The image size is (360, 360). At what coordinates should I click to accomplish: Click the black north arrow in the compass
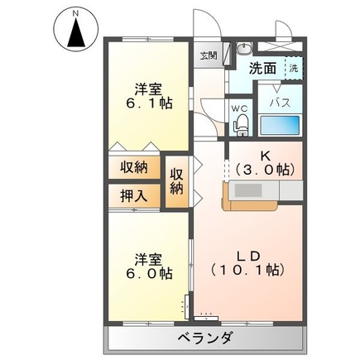click(76, 32)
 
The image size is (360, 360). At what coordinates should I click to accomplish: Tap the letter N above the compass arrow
click(76, 13)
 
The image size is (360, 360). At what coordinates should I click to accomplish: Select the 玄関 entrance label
click(209, 55)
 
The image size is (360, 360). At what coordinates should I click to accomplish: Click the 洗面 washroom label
click(262, 69)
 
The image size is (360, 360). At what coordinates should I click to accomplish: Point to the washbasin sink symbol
click(244, 49)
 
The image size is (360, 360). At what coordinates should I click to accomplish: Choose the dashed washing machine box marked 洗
click(294, 68)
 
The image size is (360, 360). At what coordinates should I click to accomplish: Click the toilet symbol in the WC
click(241, 125)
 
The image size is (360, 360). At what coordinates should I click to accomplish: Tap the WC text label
click(239, 108)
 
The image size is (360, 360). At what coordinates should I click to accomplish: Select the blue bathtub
click(280, 125)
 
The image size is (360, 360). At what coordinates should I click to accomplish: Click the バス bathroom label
click(280, 103)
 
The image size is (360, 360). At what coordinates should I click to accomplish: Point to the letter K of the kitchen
click(265, 156)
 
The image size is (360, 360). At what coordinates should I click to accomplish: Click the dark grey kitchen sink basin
click(248, 190)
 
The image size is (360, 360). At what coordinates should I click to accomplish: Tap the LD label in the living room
click(247, 257)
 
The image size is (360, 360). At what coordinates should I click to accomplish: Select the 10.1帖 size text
click(247, 271)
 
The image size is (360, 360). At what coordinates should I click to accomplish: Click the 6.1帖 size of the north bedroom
click(149, 103)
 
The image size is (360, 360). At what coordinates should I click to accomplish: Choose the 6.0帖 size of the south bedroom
click(149, 274)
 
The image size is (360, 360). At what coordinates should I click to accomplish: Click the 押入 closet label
click(134, 196)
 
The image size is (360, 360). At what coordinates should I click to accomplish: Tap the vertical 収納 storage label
click(176, 181)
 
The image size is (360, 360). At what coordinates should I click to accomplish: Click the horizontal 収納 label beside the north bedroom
click(134, 167)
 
